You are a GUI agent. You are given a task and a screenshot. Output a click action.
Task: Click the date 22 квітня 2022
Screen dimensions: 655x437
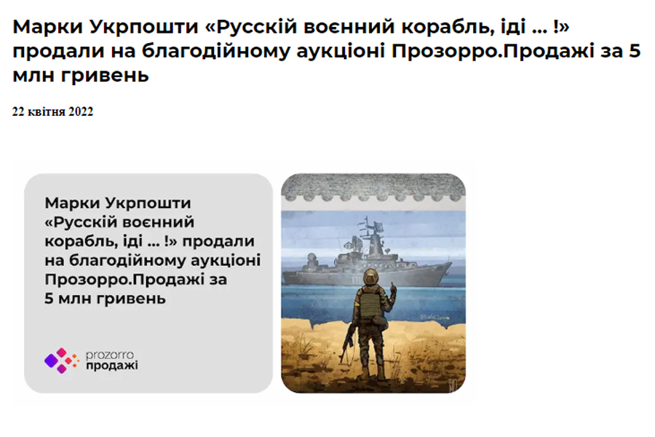[x=52, y=111]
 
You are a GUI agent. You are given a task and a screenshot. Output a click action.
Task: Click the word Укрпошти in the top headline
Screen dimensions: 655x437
[x=144, y=27]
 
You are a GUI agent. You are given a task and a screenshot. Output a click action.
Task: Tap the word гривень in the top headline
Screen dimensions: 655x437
[x=105, y=75]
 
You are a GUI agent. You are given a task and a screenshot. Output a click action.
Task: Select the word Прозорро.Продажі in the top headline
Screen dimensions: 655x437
[x=493, y=52]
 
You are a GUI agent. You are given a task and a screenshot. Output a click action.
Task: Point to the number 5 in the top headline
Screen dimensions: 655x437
[x=634, y=51]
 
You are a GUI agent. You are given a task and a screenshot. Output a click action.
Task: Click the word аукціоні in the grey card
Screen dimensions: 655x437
[x=226, y=260]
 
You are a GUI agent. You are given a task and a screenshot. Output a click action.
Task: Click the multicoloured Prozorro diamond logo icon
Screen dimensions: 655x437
[x=61, y=361]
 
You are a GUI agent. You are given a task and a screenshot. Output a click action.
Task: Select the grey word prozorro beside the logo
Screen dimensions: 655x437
[x=110, y=355]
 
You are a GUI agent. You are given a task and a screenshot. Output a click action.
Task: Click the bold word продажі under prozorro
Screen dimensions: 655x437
[x=112, y=366]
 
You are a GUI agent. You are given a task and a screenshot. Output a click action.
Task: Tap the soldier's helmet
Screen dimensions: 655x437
[x=370, y=277]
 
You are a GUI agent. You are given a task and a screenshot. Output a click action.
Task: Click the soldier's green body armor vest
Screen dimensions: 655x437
[x=369, y=303]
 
